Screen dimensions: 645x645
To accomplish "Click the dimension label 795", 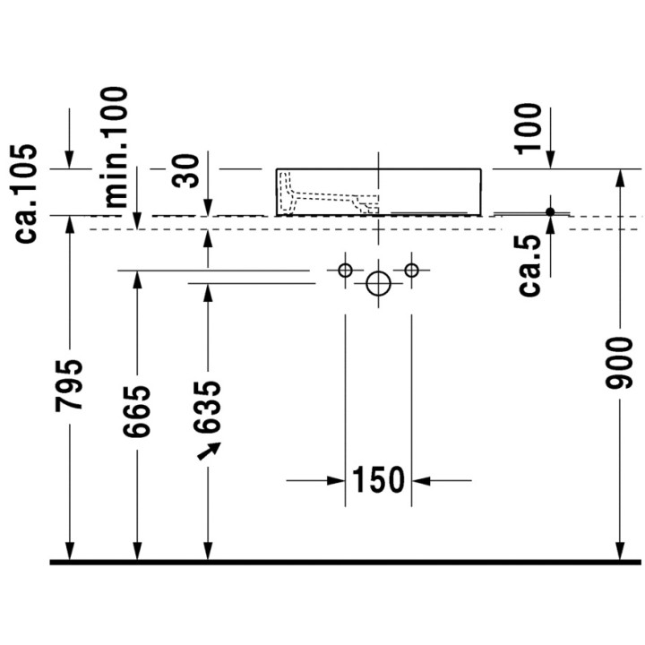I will [x=70, y=385].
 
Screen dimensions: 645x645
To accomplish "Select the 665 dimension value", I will [x=137, y=411].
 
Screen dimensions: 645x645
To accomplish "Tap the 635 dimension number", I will [x=208, y=407].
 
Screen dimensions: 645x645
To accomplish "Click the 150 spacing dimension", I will [x=378, y=481].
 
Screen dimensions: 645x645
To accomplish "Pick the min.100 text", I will [x=116, y=146].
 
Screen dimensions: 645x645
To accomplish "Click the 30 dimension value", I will [x=189, y=169].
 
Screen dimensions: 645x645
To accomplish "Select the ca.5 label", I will [x=532, y=264].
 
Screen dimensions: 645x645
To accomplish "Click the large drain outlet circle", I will [x=379, y=284].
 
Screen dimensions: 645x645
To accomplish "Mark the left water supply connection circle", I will [x=345, y=270].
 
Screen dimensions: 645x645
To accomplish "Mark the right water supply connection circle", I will [x=411, y=270].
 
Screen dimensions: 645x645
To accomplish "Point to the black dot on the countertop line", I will [x=551, y=212].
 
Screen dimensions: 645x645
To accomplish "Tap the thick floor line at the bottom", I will [x=346, y=562].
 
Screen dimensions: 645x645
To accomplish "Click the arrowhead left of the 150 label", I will [x=338, y=481].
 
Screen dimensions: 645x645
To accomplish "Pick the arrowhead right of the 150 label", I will [x=419, y=481].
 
